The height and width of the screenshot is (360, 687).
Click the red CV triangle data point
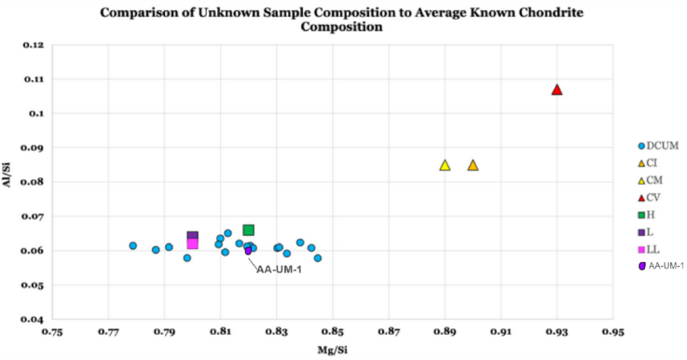tap(556, 90)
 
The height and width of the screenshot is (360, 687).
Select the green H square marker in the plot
tap(249, 229)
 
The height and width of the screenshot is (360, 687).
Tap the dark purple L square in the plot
tap(193, 237)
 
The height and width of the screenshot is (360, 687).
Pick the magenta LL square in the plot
tap(193, 244)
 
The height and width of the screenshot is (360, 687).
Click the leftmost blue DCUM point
tap(133, 246)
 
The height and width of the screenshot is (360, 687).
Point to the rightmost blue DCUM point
tap(318, 258)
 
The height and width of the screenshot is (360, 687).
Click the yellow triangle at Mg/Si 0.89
tap(445, 165)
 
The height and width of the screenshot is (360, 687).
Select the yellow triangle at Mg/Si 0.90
tap(473, 165)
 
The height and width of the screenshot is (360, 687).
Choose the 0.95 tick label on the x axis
tap(612, 332)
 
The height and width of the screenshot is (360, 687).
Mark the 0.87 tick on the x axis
tap(389, 332)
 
